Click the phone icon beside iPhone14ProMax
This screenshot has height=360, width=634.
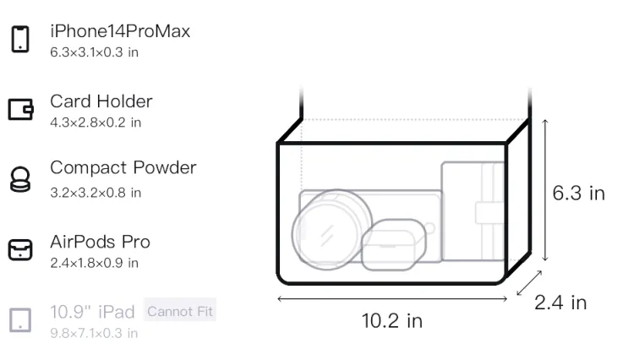point(20,39)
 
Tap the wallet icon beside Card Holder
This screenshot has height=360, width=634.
point(20,109)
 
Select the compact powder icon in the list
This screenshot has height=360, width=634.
point(20,179)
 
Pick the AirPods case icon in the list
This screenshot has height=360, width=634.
point(20,249)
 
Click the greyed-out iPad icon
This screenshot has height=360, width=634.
point(20,320)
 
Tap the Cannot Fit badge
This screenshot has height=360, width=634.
point(180,311)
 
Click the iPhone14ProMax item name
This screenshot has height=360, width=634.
point(120,31)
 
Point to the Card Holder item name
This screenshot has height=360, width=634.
point(101,101)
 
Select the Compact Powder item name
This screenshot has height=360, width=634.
point(123,167)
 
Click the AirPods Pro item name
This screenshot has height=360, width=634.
point(100,242)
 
